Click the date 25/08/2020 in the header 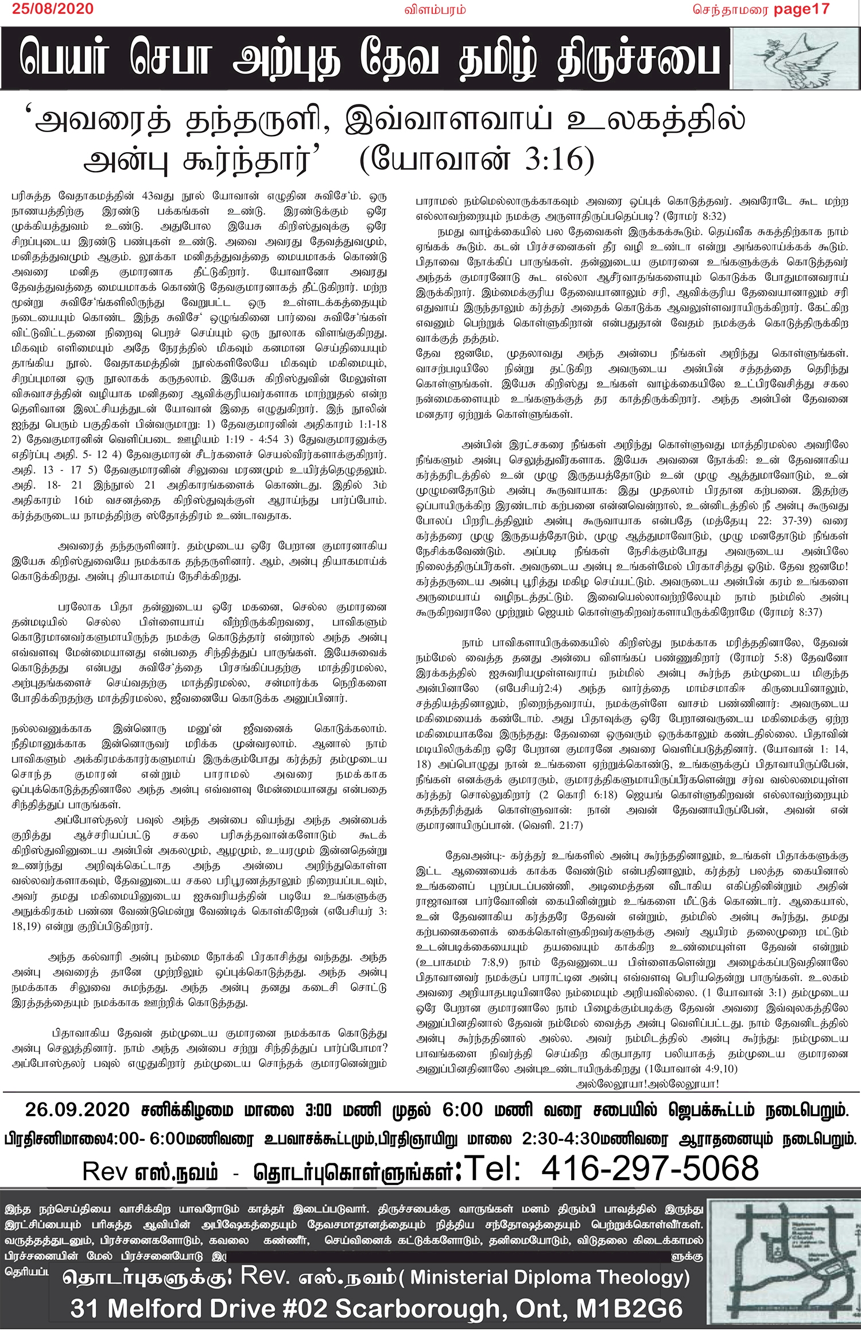53,9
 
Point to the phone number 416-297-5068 649,1168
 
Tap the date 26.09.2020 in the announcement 77,1109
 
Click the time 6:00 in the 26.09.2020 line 462,1109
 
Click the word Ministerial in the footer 459,1277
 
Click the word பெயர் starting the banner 63,59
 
